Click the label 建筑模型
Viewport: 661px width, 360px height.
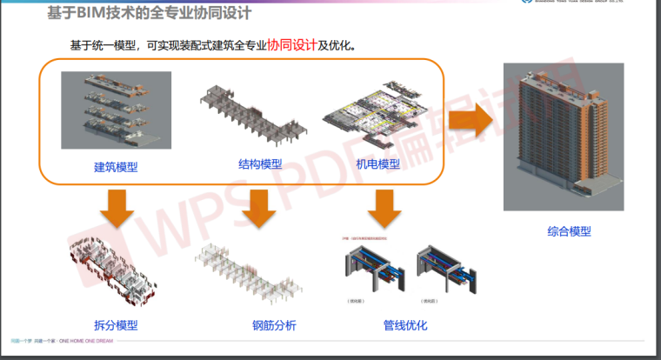(116, 167)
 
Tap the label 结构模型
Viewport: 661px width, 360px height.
(260, 163)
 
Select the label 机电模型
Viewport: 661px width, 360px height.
(377, 163)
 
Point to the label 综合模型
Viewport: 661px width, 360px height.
(570, 231)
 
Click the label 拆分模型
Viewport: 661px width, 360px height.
(116, 326)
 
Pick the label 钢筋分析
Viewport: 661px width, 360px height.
(274, 326)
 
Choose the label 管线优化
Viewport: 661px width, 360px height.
(404, 326)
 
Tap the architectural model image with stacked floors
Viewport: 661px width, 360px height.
(116, 110)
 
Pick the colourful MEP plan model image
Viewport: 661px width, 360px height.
(378, 117)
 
